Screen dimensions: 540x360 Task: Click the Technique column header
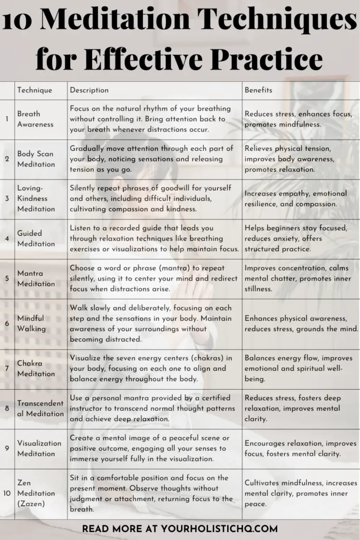click(x=35, y=90)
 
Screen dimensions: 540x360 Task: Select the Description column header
click(x=89, y=90)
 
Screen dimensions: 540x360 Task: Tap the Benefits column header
click(x=258, y=90)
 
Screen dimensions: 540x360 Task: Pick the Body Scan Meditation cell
click(x=36, y=159)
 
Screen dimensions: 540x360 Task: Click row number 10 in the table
click(x=7, y=493)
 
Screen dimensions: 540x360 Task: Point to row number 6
click(x=7, y=323)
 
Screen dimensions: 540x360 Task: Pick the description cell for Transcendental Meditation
click(x=155, y=409)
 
